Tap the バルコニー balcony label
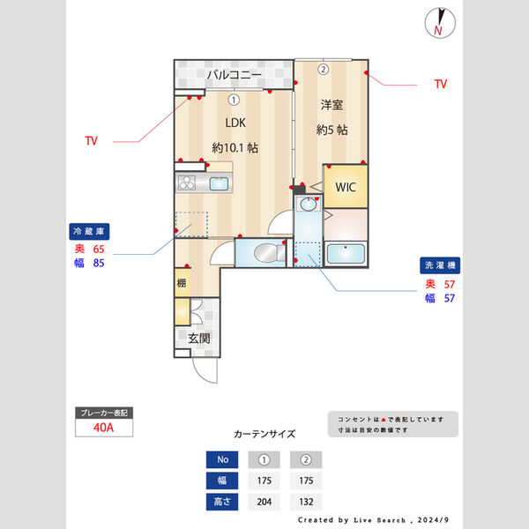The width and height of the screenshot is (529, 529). (x=233, y=75)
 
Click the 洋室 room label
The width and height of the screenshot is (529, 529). (x=332, y=104)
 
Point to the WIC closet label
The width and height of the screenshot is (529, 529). (x=344, y=187)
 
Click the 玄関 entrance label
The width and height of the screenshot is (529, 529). (x=198, y=339)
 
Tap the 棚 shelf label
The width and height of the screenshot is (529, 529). (x=181, y=283)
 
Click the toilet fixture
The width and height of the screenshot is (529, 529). (x=264, y=254)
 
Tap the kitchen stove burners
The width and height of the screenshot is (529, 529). (x=189, y=183)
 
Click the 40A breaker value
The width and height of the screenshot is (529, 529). (x=103, y=428)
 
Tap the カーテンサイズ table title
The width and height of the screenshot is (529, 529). (x=264, y=434)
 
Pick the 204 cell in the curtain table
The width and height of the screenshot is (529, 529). (x=264, y=503)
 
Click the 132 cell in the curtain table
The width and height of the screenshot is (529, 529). (x=306, y=503)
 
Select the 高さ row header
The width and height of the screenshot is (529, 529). (x=222, y=503)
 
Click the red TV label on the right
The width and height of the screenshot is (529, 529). (x=441, y=85)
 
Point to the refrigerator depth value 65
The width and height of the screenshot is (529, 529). (x=98, y=250)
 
